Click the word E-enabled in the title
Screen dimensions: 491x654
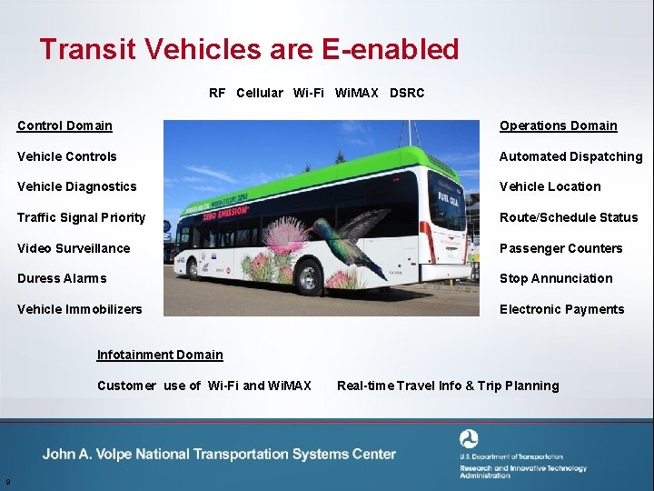point(391,49)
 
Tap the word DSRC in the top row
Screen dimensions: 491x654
point(407,93)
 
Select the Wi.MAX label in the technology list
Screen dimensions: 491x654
point(357,93)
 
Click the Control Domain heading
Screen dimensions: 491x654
point(64,125)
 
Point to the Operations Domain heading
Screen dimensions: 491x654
point(558,125)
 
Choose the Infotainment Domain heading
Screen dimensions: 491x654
point(159,355)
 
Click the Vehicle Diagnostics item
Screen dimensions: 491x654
point(76,186)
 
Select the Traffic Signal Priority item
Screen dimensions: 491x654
point(81,217)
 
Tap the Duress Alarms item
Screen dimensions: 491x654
point(62,278)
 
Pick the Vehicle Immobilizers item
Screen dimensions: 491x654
point(79,309)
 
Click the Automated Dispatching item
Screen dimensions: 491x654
point(570,156)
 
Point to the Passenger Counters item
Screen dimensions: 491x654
point(560,248)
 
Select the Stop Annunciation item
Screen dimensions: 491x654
point(556,278)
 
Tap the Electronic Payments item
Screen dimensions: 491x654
point(561,309)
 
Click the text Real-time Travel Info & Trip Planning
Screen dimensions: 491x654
point(448,386)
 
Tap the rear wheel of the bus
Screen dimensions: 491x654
point(308,276)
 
